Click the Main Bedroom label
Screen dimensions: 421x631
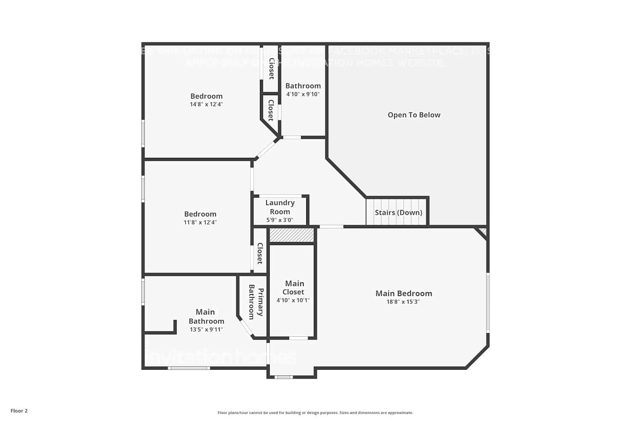click(x=403, y=293)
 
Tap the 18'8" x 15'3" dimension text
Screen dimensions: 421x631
click(x=403, y=302)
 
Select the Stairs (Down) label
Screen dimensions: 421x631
click(x=398, y=213)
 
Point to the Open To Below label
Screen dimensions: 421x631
click(x=414, y=115)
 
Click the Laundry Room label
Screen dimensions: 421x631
click(x=280, y=207)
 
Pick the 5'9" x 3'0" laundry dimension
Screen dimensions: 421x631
click(x=280, y=220)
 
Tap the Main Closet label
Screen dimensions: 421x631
click(x=294, y=288)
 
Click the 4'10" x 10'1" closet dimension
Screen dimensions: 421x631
click(x=293, y=300)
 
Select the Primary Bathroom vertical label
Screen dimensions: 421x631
click(x=256, y=302)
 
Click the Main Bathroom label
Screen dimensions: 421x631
click(x=206, y=316)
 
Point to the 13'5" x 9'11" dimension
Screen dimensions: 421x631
click(x=206, y=330)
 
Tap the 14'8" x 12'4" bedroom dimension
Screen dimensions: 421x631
click(x=206, y=104)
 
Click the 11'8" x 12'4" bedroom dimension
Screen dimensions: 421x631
click(x=200, y=222)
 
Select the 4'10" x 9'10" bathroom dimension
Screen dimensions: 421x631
click(x=303, y=94)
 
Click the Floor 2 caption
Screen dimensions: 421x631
click(x=19, y=411)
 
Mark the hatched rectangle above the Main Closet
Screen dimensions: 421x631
click(x=292, y=235)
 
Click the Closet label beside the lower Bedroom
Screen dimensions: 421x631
click(x=260, y=253)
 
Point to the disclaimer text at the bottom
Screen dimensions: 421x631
click(x=315, y=413)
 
